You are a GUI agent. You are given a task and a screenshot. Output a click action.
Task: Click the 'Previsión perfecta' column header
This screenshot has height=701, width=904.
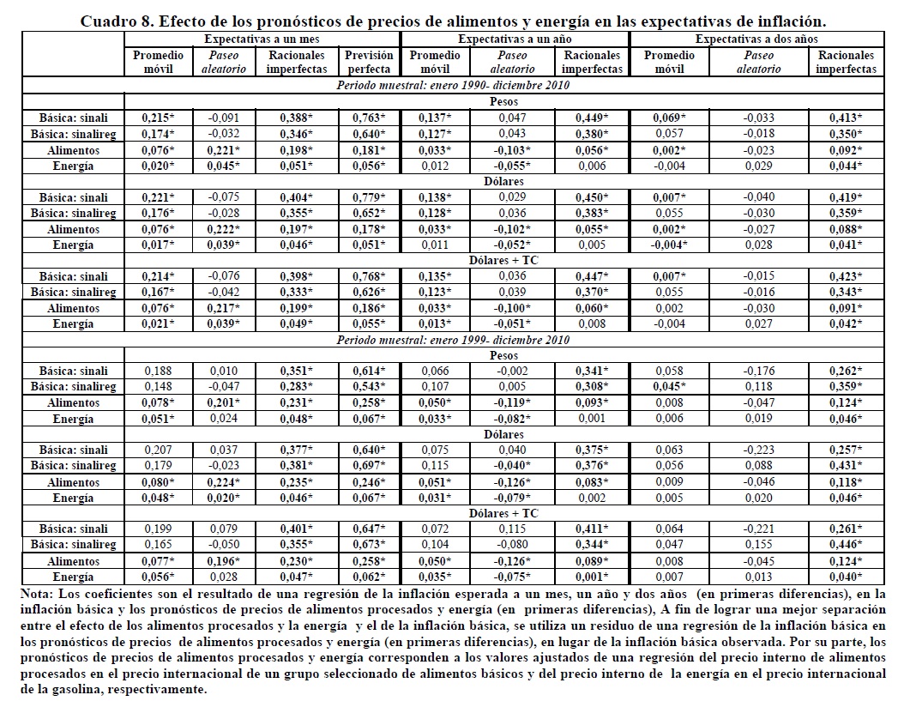(x=369, y=62)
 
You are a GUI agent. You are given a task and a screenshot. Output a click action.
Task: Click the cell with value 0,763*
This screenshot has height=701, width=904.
(x=369, y=118)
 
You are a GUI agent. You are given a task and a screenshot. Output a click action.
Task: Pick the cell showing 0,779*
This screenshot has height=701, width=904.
(x=369, y=198)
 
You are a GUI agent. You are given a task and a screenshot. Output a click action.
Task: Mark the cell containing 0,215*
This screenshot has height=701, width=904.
(x=152, y=118)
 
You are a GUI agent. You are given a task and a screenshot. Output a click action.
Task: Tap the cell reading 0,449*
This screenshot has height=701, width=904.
(x=591, y=118)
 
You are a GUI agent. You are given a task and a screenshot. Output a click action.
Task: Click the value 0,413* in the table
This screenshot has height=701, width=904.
(x=847, y=118)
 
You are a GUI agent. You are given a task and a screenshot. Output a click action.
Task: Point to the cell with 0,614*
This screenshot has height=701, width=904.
(x=369, y=371)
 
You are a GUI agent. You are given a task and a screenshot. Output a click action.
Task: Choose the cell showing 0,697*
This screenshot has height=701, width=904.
(x=369, y=466)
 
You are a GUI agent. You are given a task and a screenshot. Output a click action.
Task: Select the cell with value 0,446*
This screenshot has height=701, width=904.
(x=847, y=545)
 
